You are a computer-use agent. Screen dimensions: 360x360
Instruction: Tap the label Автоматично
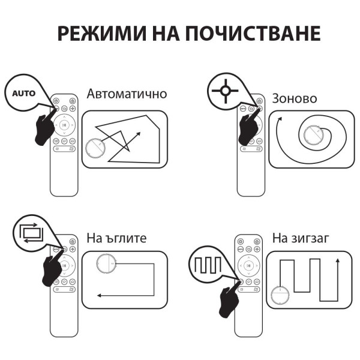[127, 94]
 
